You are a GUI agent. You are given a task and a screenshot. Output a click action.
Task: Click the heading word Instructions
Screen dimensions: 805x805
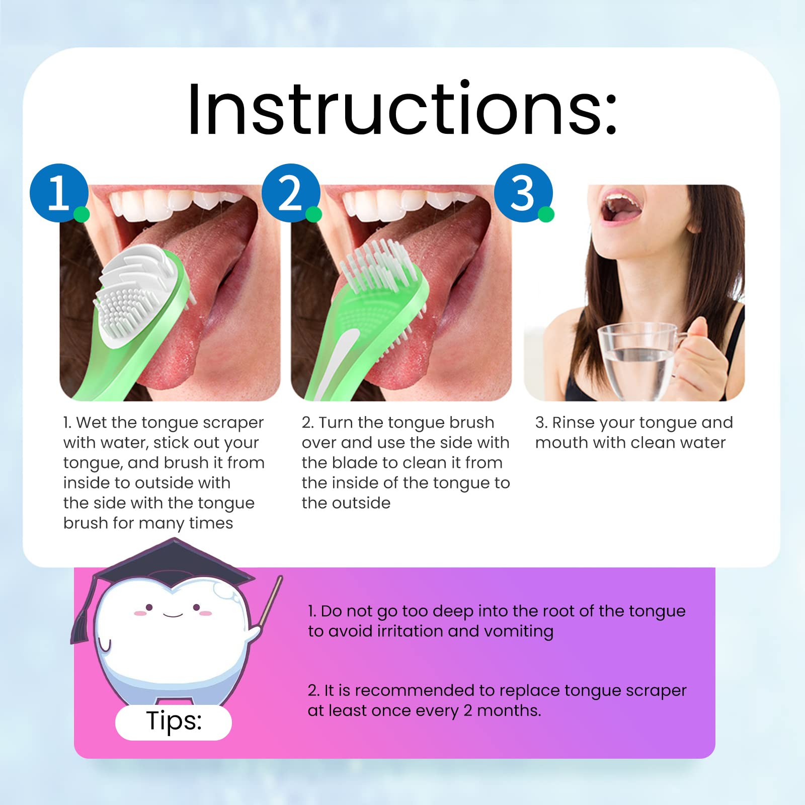coord(403,109)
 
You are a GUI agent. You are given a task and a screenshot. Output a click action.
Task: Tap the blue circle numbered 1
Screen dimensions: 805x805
coord(59,193)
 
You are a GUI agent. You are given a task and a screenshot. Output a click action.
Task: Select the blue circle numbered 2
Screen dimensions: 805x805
coord(291,193)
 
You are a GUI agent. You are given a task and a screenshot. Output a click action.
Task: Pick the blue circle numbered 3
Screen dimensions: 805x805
coord(523,193)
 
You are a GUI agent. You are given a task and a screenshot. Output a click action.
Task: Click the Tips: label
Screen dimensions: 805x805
coord(174,721)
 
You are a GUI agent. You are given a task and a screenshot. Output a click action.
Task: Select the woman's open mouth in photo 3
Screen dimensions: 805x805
coord(622,206)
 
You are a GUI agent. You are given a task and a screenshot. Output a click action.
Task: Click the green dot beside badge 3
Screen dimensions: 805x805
coord(546,214)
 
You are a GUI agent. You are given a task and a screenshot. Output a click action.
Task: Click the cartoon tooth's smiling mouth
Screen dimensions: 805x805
coord(173,614)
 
